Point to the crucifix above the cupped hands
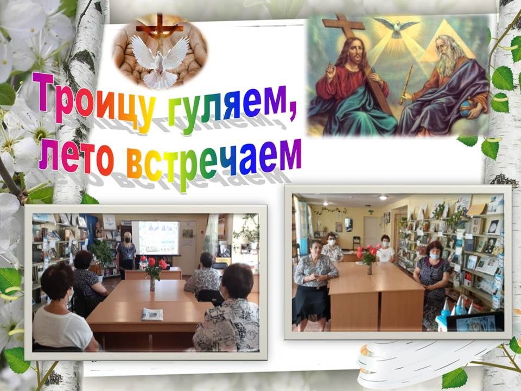[x=160, y=27]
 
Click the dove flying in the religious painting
[x=396, y=27]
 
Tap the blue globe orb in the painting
[x=467, y=109]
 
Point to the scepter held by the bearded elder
[x=406, y=85]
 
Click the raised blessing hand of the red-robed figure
[x=331, y=72]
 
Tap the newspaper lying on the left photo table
[x=152, y=314]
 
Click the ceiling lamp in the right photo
[x=383, y=198]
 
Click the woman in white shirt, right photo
[x=385, y=249]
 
